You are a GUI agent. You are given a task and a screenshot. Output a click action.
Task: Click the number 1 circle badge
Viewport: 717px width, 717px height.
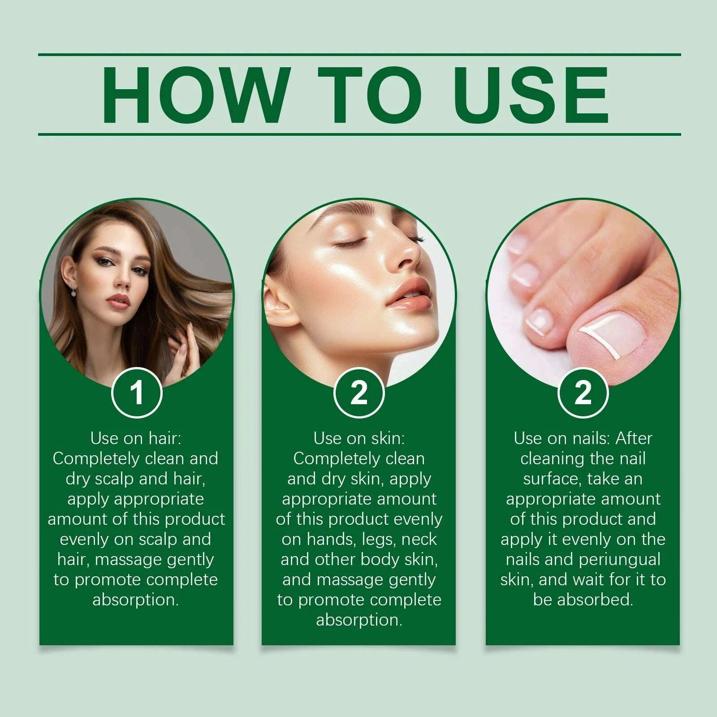coord(136,393)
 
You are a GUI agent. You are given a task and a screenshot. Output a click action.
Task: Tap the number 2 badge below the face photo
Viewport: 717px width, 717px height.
coord(358,393)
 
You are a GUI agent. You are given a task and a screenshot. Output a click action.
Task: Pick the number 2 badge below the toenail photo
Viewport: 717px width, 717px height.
coord(583,393)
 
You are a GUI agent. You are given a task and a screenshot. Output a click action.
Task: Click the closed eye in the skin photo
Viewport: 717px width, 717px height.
coord(354,242)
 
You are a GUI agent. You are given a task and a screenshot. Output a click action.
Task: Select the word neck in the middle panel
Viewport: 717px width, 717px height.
coord(419,540)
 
